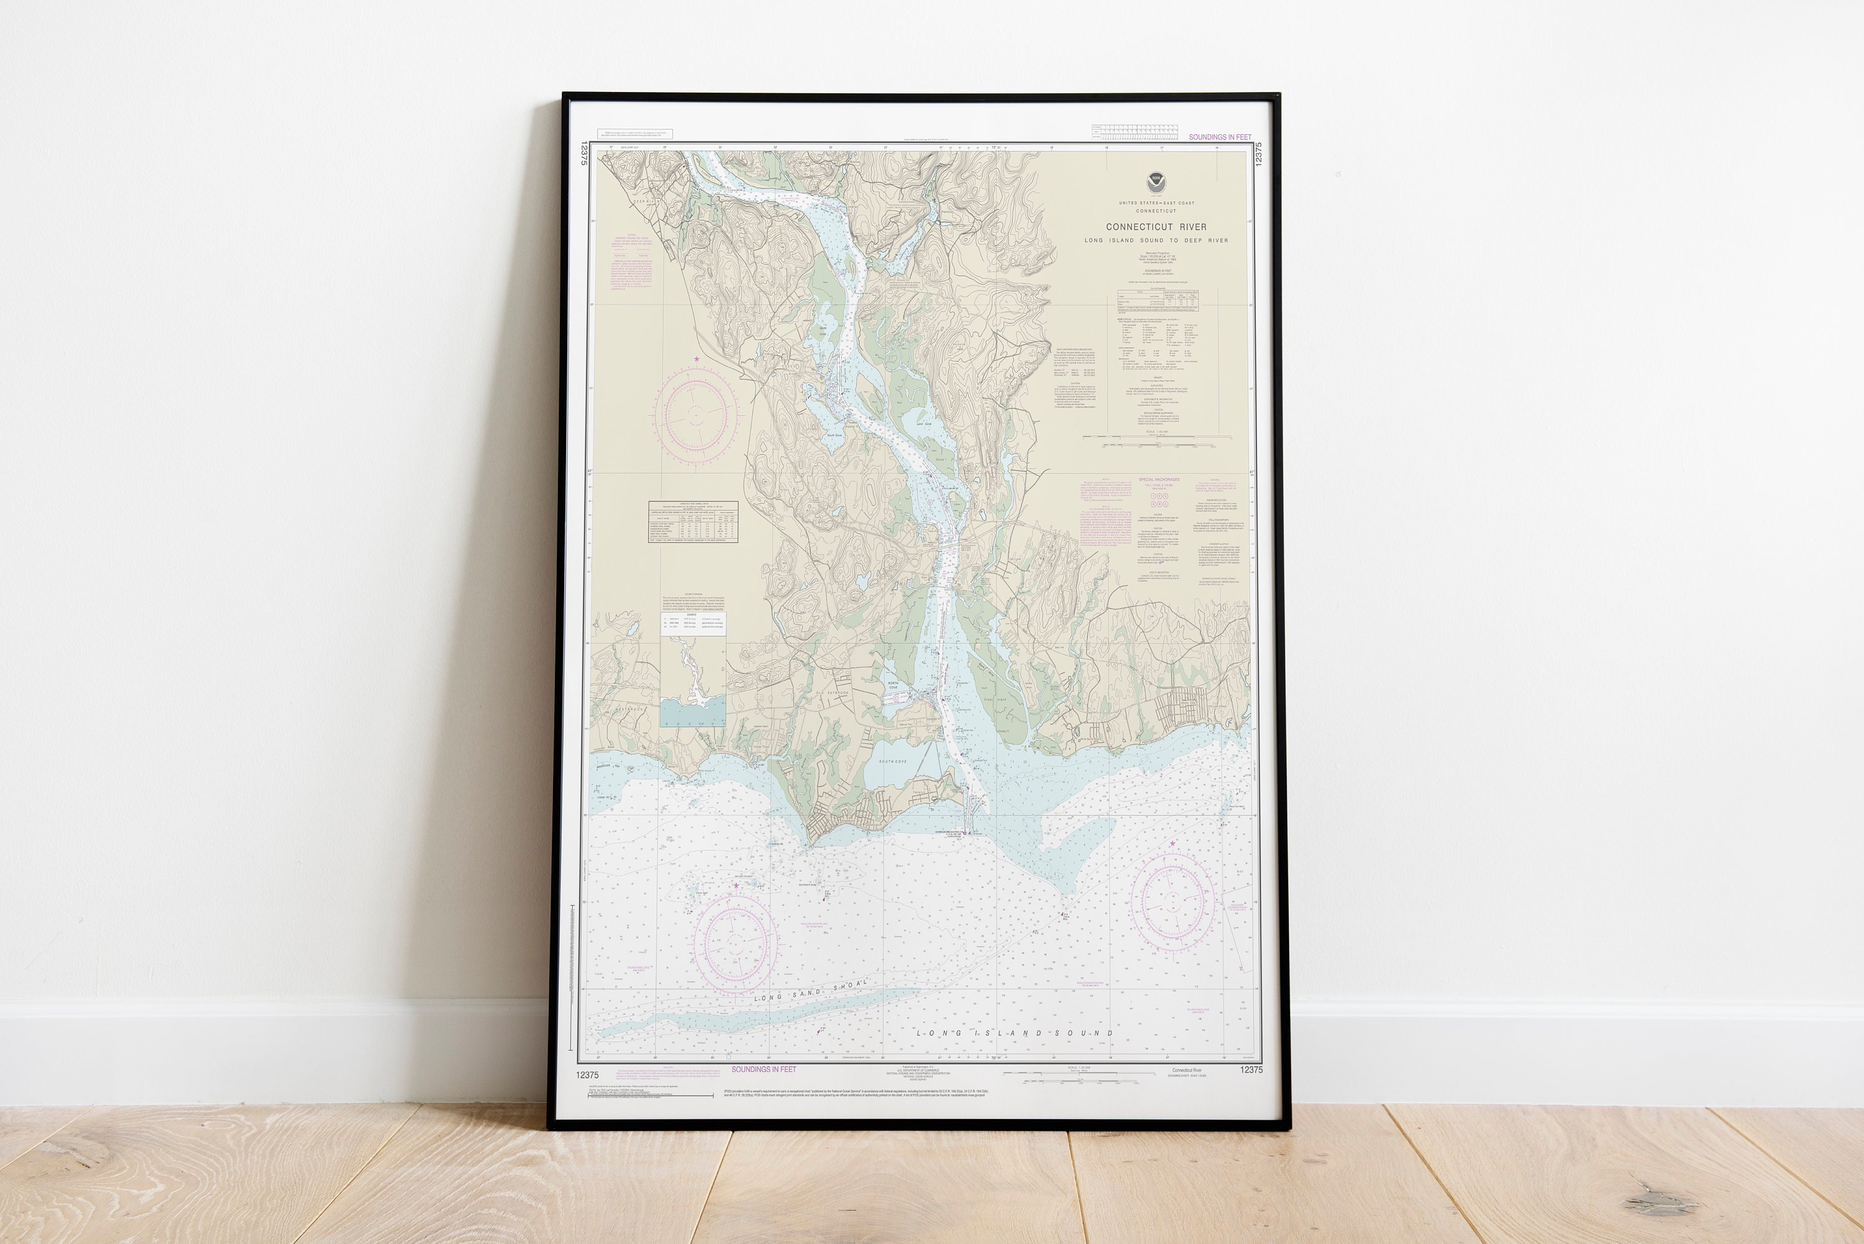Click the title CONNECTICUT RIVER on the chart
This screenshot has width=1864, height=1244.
click(x=1156, y=227)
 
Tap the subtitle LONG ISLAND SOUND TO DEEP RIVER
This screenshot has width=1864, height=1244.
click(x=1156, y=240)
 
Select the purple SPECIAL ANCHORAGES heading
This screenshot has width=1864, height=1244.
click(x=1159, y=480)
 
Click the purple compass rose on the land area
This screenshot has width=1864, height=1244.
click(x=697, y=414)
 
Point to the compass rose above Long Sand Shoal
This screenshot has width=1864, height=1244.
click(x=734, y=942)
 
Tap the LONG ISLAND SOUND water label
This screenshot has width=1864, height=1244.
click(x=1015, y=1033)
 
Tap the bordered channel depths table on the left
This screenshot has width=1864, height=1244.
click(x=693, y=522)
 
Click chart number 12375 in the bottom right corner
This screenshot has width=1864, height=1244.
click(x=1251, y=1070)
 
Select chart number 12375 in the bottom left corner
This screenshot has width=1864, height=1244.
click(x=588, y=1075)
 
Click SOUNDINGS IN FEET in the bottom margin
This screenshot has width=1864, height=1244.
click(x=763, y=1069)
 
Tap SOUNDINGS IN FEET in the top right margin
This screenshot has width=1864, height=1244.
click(x=1219, y=137)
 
